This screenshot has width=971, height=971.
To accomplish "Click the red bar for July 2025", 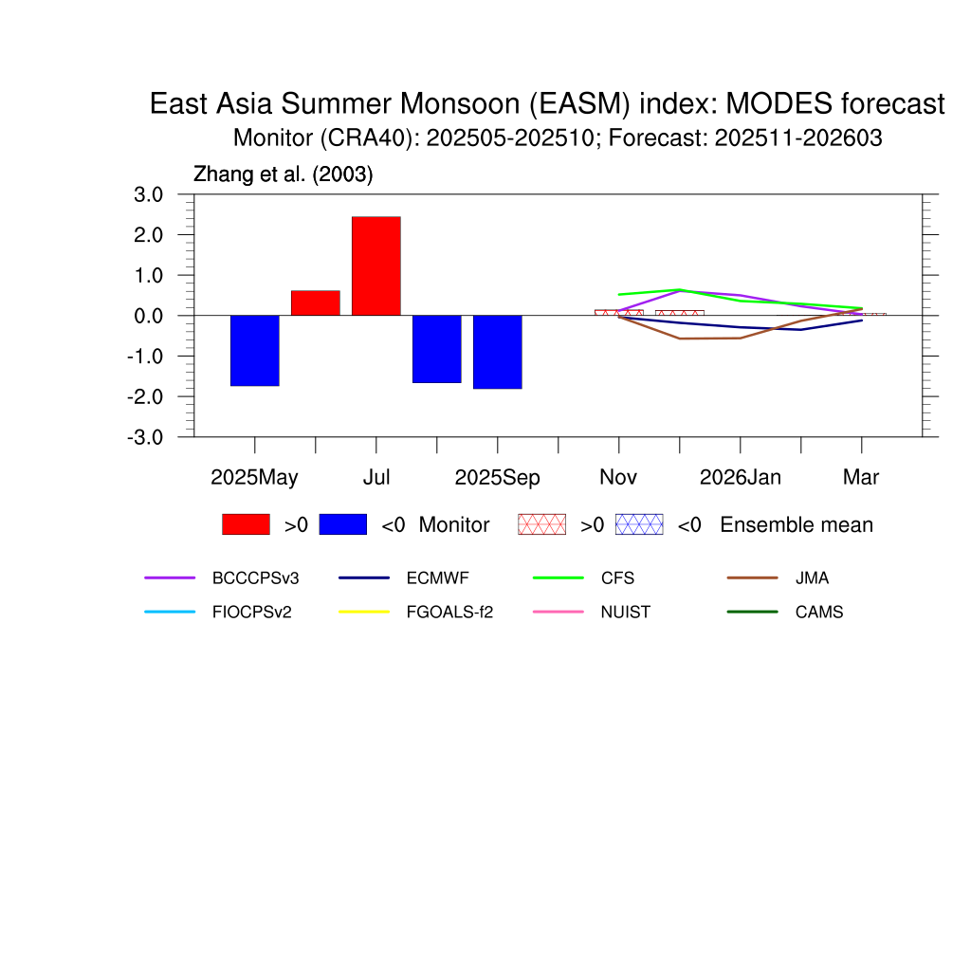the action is (376, 266).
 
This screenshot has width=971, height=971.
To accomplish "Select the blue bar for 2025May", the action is (254, 351).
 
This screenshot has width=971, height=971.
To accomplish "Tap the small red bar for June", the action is (315, 302).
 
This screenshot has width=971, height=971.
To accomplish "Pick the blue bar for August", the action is (436, 349).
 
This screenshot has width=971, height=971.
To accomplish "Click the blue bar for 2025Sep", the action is (497, 352).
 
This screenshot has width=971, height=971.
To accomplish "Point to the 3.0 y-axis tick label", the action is (148, 194).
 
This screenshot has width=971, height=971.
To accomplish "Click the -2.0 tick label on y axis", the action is (145, 397).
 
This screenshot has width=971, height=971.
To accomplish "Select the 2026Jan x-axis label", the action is (740, 478).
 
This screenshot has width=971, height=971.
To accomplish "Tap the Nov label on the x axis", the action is (618, 478).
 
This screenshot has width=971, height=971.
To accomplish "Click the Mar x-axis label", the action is (861, 478).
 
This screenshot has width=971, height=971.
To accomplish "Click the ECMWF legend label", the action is (437, 578).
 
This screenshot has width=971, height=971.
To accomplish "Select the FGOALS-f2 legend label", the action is (449, 613).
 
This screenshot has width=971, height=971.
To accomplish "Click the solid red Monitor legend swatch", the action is (246, 524).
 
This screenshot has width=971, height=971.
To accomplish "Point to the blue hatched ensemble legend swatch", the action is (639, 524).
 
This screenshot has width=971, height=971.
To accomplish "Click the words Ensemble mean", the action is (797, 525).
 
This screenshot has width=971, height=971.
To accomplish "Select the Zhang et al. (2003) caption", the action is (283, 174).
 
